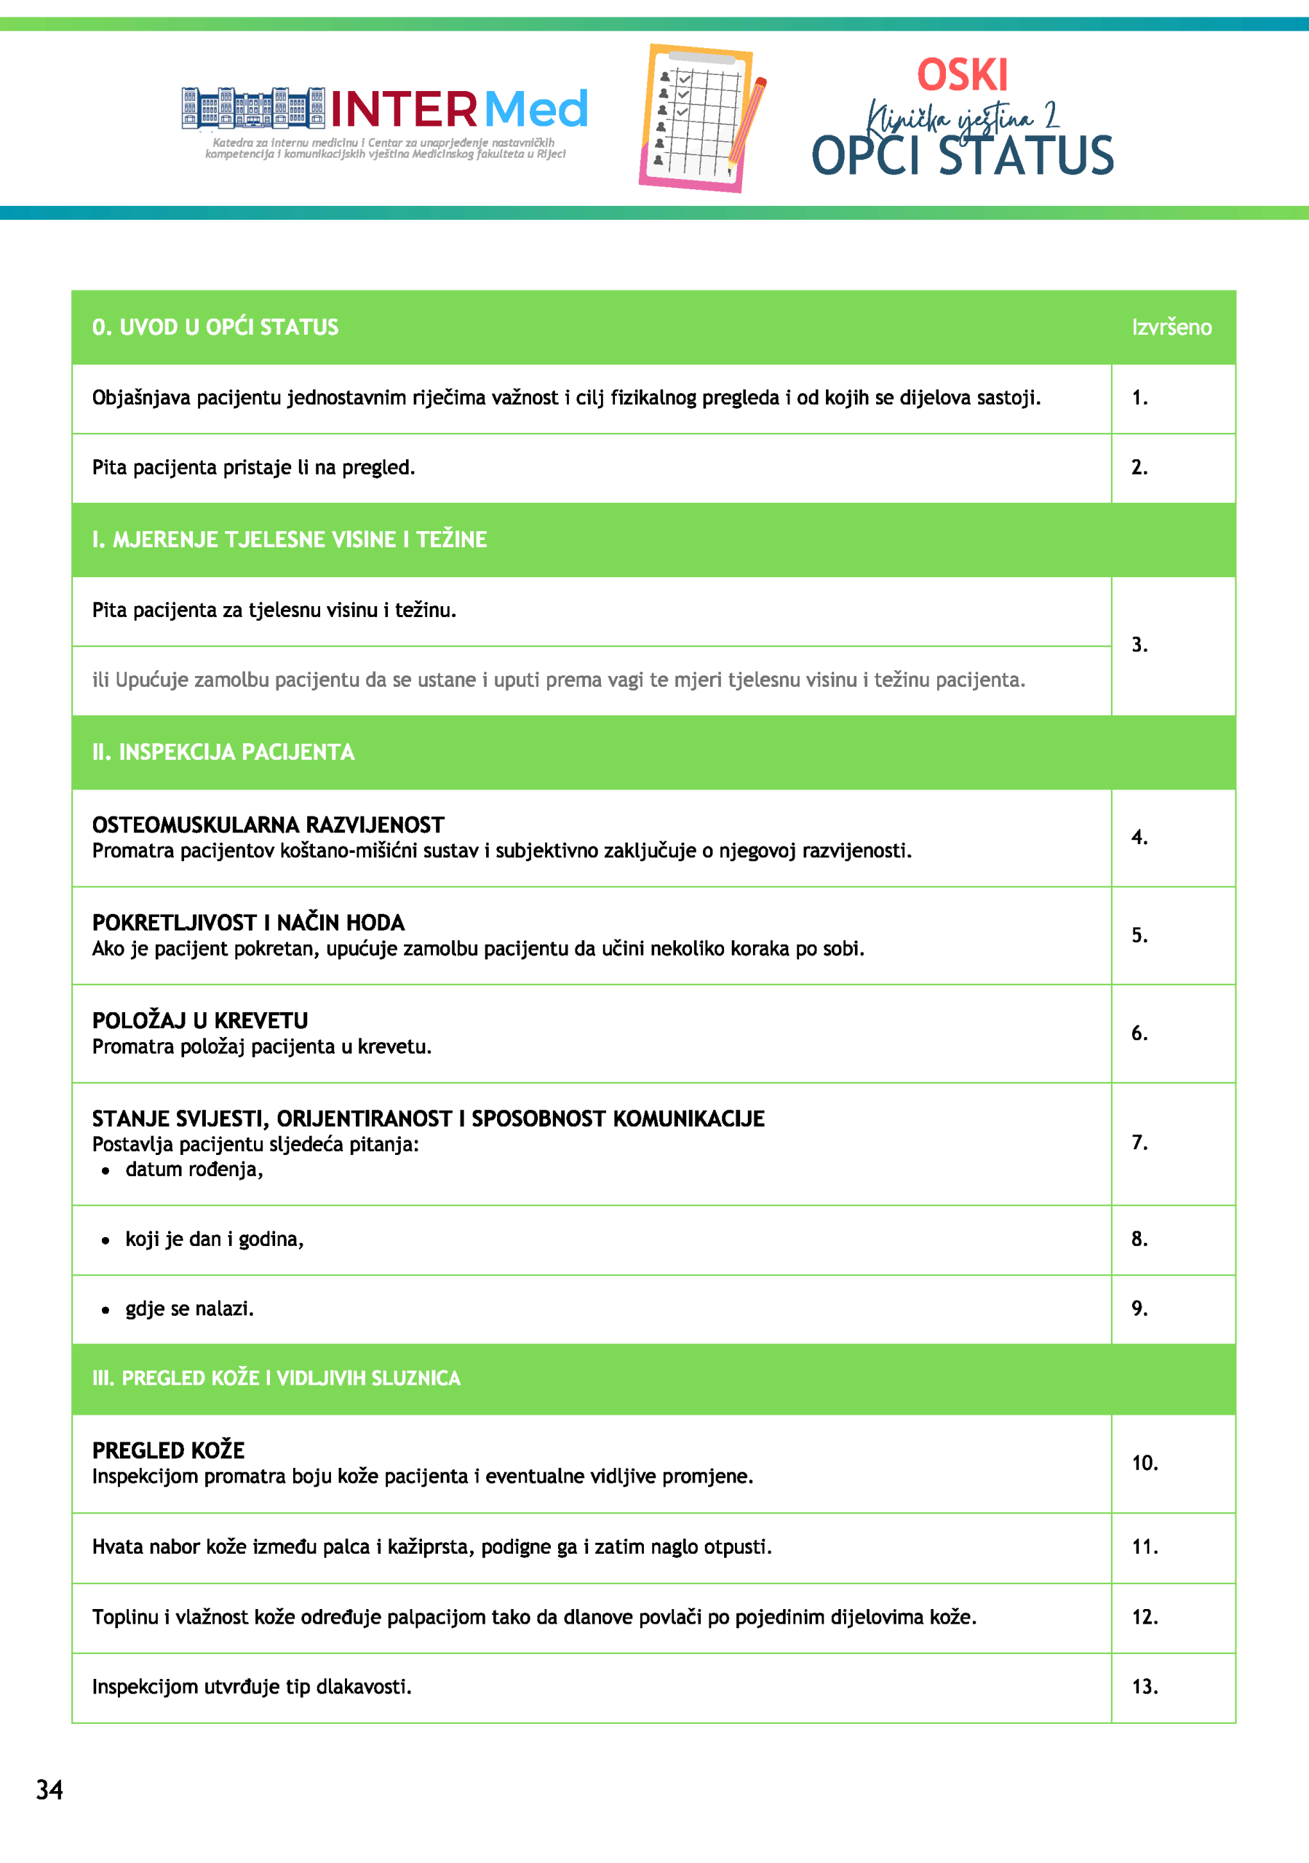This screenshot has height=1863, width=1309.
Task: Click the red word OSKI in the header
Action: [x=963, y=76]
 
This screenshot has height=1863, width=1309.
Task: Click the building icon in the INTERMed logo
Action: [x=252, y=108]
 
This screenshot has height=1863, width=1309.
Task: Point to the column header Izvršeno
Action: [x=1171, y=327]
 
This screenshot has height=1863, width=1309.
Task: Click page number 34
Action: [x=49, y=1789]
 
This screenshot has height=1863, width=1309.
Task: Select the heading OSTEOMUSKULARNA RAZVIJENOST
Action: [x=268, y=825]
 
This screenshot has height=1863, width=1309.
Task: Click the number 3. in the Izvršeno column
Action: [x=1139, y=645]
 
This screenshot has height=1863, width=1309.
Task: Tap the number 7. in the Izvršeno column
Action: [x=1139, y=1143]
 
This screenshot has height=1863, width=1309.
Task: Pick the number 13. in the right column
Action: [x=1145, y=1687]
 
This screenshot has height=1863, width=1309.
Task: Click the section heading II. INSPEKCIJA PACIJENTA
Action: [x=223, y=752]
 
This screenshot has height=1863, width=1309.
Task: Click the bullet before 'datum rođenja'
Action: [x=106, y=1171]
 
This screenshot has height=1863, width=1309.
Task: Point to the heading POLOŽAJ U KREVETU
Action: [x=199, y=1021]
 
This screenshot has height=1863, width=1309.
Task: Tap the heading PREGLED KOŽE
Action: [x=168, y=1450]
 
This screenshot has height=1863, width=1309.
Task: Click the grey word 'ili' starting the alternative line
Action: [x=100, y=680]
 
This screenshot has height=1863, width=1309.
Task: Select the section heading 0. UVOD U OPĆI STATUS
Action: [x=215, y=327]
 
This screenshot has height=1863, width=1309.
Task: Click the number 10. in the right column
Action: [x=1145, y=1463]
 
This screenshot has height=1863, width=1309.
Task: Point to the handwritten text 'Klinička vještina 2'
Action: [x=963, y=119]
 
